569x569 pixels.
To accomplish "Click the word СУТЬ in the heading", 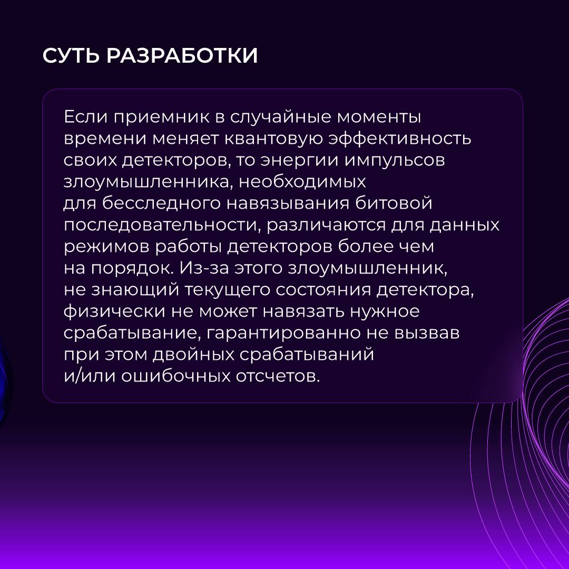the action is pyautogui.click(x=71, y=56).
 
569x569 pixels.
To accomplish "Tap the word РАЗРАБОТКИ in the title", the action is pyautogui.click(x=182, y=55).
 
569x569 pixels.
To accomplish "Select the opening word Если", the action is pyautogui.click(x=86, y=117).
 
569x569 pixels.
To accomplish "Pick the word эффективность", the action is pyautogui.click(x=399, y=139).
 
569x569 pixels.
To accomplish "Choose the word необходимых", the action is pyautogui.click(x=302, y=181).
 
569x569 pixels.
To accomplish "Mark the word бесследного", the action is pyautogui.click(x=161, y=203).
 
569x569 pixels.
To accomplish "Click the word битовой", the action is pyautogui.click(x=394, y=203).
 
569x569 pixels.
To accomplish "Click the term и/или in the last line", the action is pyautogui.click(x=90, y=376).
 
